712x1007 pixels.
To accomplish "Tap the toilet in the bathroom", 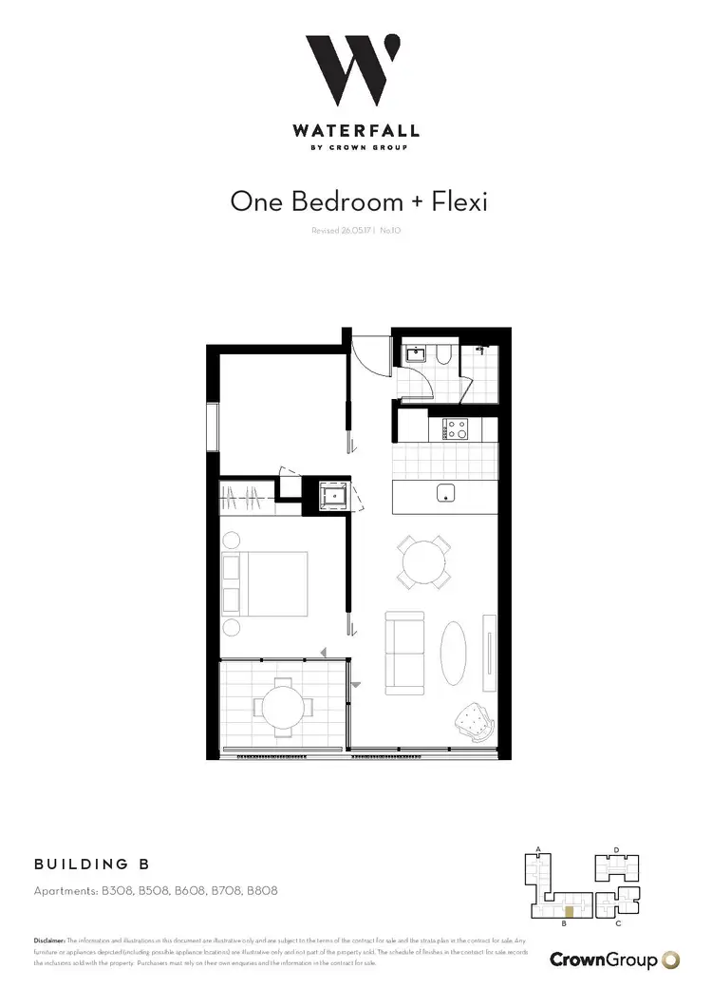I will (444, 356).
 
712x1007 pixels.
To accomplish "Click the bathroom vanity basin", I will (416, 355).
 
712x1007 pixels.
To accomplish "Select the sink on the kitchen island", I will (446, 494).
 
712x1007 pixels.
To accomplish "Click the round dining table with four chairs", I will (422, 562).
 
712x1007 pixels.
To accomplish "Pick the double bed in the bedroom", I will (265, 582).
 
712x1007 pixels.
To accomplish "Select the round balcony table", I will (281, 708).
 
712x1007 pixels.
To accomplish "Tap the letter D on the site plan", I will (616, 849).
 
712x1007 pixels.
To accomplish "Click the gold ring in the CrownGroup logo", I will (670, 959).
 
